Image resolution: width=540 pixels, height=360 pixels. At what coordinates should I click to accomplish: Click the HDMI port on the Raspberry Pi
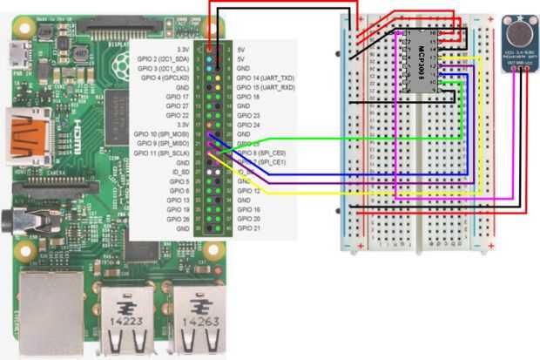(x=30, y=131)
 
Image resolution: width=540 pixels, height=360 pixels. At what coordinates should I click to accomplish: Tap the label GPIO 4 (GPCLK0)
(x=165, y=78)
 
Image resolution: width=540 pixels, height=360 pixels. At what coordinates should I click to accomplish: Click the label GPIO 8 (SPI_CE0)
(x=263, y=153)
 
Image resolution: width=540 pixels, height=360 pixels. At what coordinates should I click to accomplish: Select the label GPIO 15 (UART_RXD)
(x=266, y=87)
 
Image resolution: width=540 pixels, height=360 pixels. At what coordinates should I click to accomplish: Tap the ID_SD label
(x=179, y=172)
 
